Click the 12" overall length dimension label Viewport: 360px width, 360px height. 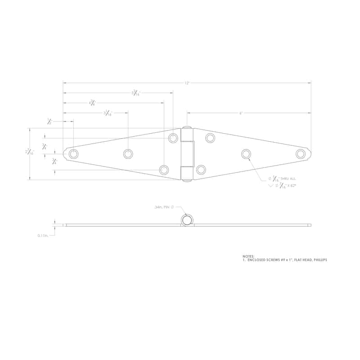point(187,83)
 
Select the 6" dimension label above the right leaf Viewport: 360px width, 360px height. point(241,113)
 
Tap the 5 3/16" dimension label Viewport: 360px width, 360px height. point(135,93)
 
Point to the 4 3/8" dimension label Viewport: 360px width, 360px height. point(92,103)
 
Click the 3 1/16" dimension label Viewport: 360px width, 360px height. point(108,113)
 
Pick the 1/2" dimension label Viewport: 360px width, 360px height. point(50,121)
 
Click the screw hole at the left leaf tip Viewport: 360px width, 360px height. point(74,154)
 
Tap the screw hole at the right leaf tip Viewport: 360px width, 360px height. point(301,154)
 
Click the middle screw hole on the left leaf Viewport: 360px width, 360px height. point(128,154)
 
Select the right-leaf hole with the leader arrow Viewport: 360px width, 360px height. point(246,154)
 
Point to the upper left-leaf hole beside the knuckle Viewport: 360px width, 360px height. point(173,138)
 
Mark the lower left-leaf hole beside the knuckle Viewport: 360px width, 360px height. point(164,170)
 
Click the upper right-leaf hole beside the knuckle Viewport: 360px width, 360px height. point(210,138)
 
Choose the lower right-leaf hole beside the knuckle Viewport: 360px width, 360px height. point(201,170)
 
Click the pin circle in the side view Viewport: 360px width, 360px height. point(187,220)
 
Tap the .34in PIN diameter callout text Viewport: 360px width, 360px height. point(164,207)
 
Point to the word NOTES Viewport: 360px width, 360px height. point(248,256)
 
